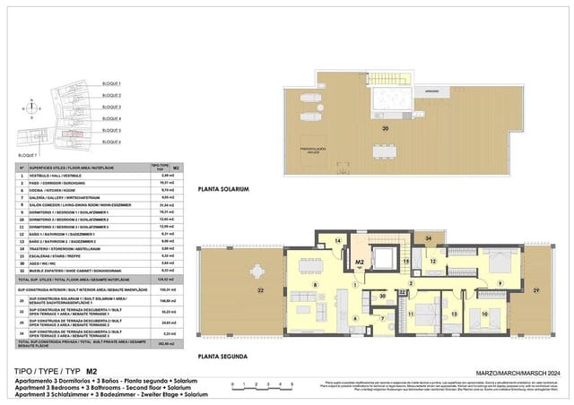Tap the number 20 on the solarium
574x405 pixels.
(386, 129)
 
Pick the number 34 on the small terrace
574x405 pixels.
(430, 238)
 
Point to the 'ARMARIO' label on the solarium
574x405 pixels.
(431, 90)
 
